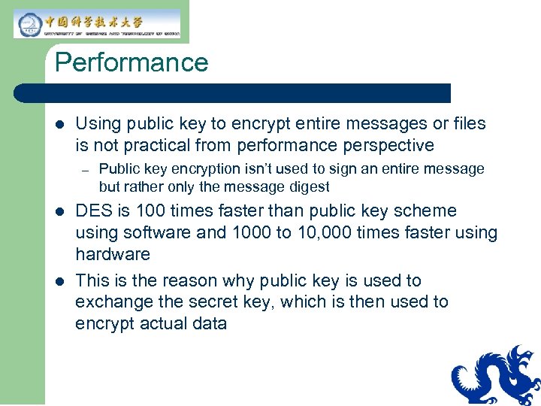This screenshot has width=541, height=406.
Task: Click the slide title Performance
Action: pos(131,62)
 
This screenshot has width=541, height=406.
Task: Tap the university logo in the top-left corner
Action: pos(98,23)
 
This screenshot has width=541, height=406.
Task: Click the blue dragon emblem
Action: pos(496,376)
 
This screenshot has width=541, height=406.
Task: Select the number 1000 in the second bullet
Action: pos(252,233)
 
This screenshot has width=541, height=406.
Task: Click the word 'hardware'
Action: pos(113,254)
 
